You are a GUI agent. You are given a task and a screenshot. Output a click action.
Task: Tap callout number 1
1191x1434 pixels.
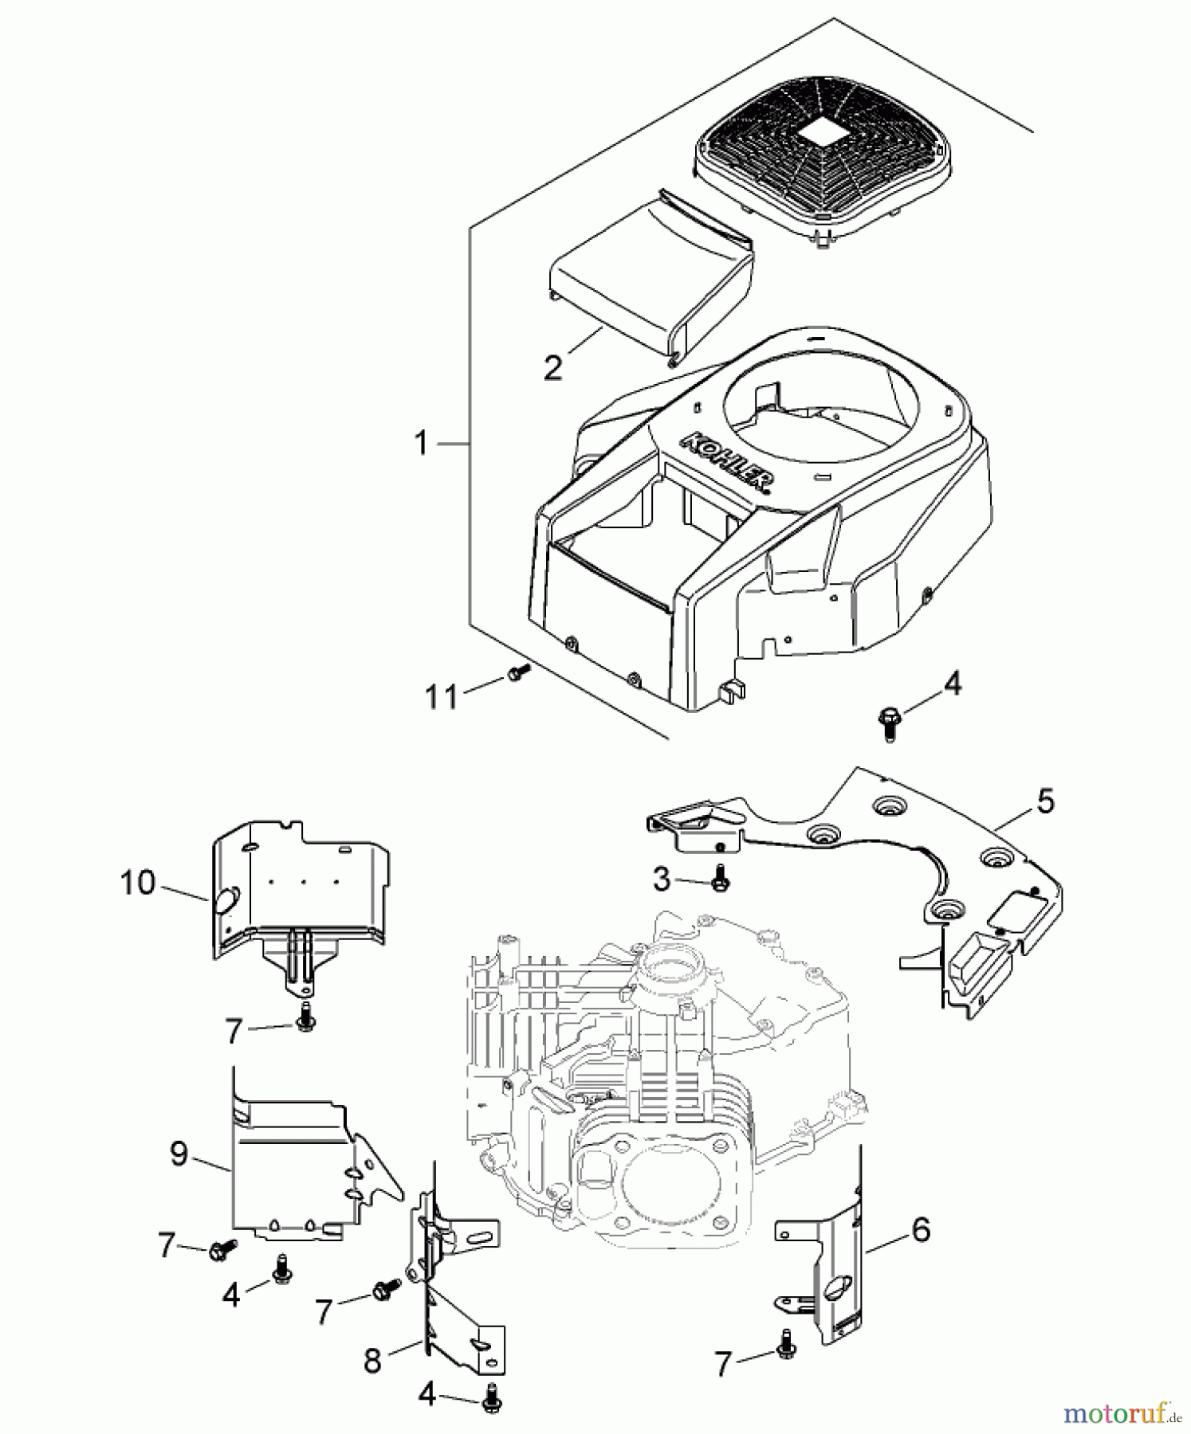[x=422, y=442]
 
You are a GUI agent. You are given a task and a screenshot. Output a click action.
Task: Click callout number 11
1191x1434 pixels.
[x=441, y=697]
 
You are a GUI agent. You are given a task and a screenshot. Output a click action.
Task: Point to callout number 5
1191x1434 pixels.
[x=1045, y=801]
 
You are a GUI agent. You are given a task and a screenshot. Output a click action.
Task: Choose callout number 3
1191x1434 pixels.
[x=662, y=880]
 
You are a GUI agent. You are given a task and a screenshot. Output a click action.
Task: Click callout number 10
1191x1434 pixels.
[x=137, y=883]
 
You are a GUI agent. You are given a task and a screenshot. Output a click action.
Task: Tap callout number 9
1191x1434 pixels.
[x=179, y=1153]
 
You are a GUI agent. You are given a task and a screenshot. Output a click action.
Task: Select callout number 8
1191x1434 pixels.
[x=372, y=1361]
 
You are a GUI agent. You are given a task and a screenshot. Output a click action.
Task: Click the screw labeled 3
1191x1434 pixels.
[x=720, y=879]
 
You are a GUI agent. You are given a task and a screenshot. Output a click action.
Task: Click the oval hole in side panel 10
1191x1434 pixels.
[x=225, y=901]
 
